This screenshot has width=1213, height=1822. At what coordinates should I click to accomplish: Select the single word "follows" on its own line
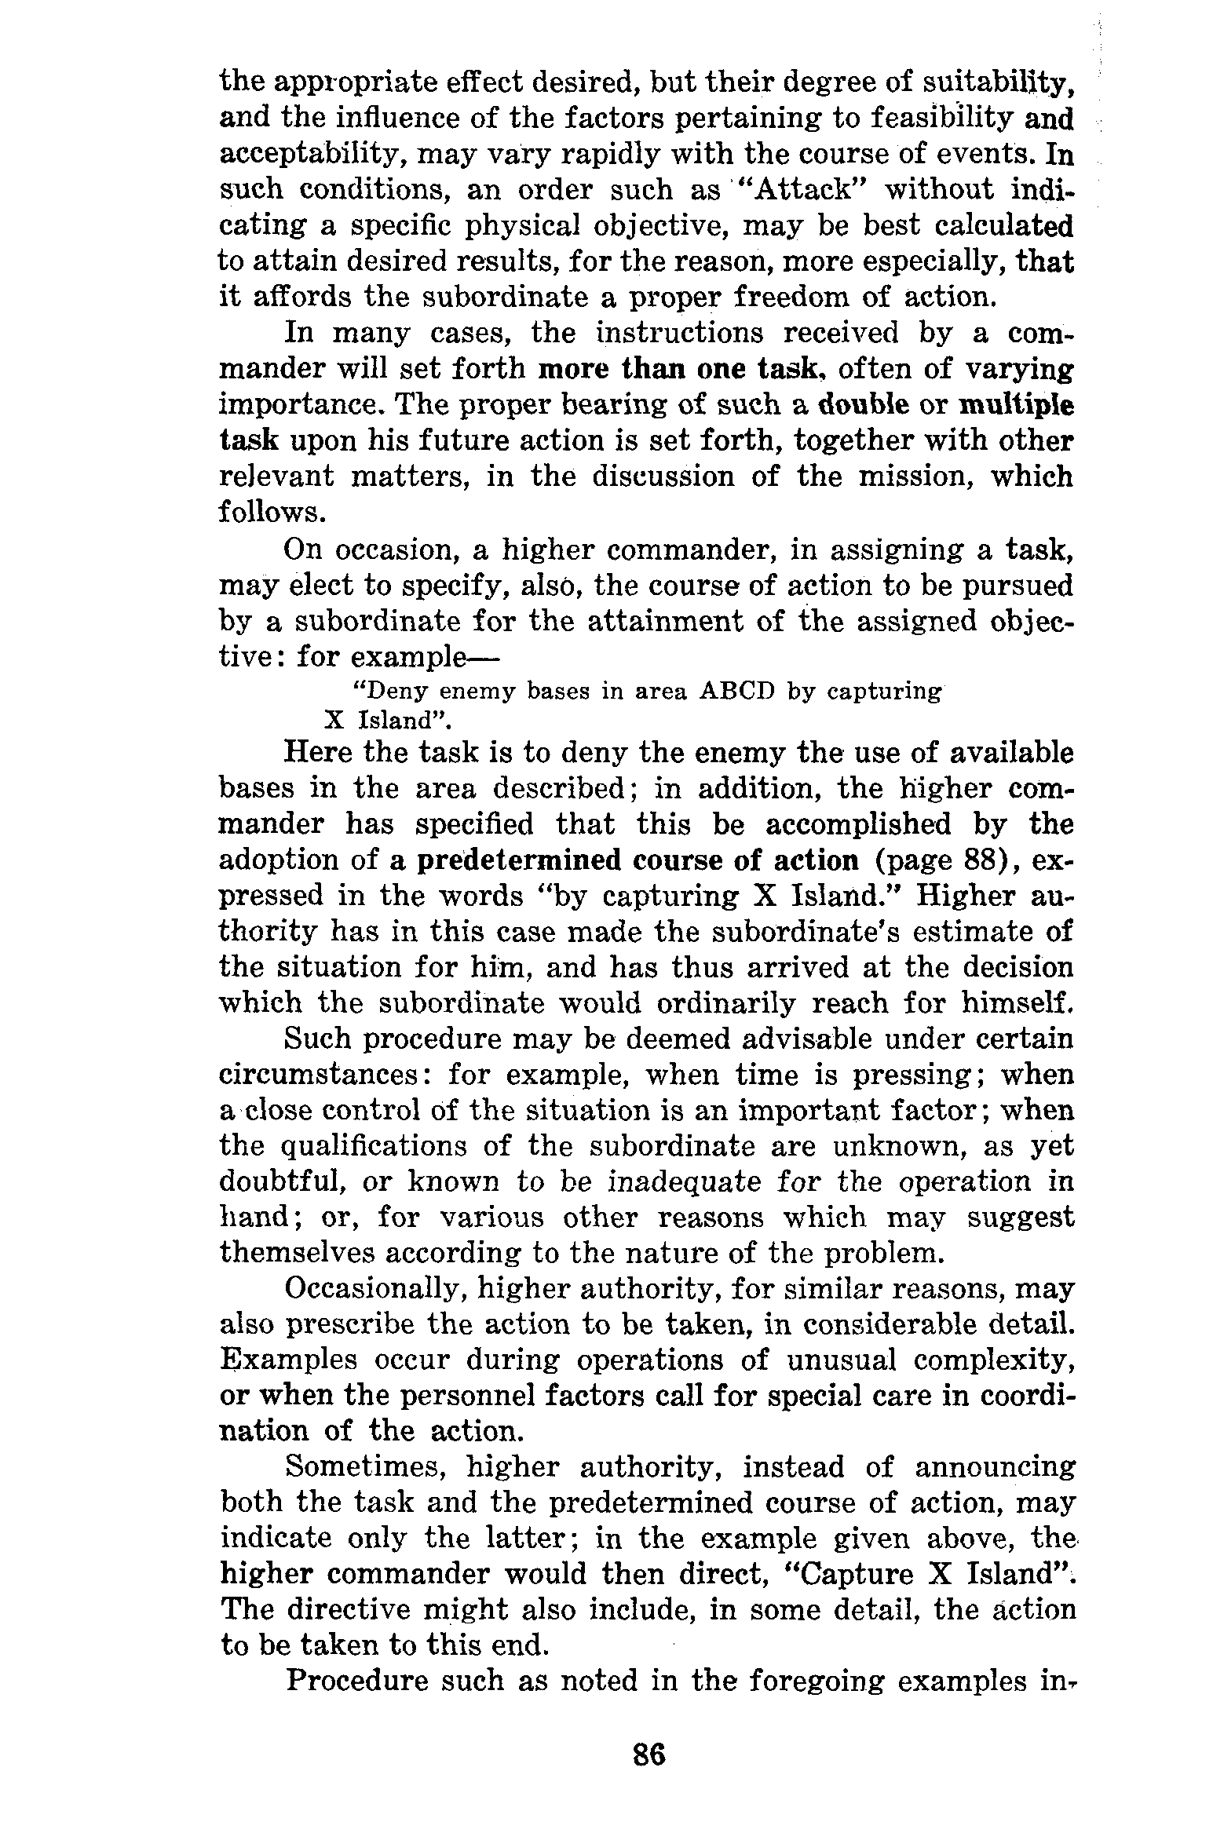pos(271,513)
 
